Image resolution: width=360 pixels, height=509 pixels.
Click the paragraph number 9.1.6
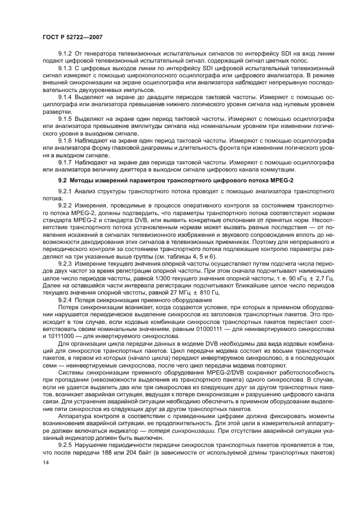[x=66, y=139]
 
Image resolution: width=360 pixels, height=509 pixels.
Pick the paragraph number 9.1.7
[x=66, y=161]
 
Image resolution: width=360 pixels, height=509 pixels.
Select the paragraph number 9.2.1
[x=66, y=192]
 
